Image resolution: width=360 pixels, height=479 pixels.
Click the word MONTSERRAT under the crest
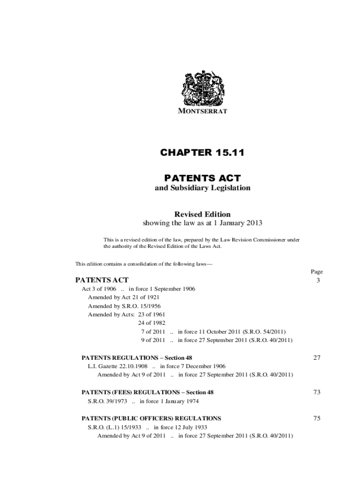tap(202, 111)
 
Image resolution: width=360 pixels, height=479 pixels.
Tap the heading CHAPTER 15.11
tap(202, 152)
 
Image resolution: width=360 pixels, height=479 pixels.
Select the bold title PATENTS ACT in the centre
tap(202, 178)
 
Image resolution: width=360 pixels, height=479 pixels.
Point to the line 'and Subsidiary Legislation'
tap(202, 188)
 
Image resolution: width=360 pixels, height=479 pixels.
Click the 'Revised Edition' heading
tap(202, 214)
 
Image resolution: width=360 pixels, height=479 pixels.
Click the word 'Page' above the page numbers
tap(317, 272)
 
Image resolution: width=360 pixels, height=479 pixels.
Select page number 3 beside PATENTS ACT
tap(317, 280)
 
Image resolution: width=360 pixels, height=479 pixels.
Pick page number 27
tap(317, 358)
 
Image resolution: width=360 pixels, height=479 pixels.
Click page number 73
tap(317, 392)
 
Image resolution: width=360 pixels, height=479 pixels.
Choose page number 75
tap(317, 419)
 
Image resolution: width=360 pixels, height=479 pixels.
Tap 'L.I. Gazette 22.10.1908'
tap(118, 366)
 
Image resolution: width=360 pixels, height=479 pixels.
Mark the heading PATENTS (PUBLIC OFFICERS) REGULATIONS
tap(151, 419)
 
